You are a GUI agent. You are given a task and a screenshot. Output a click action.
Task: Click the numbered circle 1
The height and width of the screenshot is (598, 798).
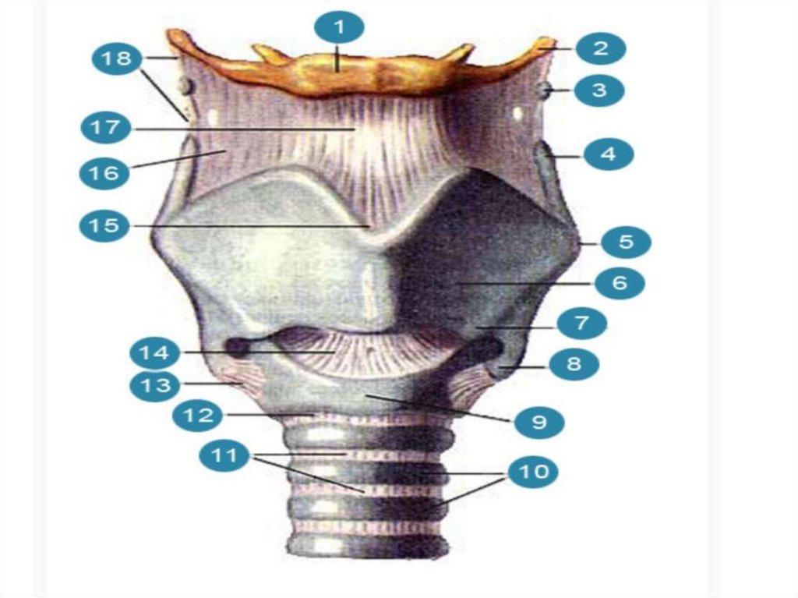[339, 29]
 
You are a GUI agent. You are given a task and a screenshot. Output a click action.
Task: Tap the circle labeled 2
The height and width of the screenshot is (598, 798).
[599, 48]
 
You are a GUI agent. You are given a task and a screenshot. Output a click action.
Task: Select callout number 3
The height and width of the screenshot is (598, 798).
[598, 90]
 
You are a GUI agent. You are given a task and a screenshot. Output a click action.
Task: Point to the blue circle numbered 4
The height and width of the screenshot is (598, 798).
[608, 154]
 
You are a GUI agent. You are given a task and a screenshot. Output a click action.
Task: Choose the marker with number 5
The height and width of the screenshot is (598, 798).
[626, 242]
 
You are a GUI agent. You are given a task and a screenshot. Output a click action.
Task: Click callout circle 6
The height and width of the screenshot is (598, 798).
[620, 283]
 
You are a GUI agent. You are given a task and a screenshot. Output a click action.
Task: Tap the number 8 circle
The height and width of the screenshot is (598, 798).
[574, 363]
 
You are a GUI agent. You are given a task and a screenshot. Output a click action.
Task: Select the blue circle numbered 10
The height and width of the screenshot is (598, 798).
[533, 472]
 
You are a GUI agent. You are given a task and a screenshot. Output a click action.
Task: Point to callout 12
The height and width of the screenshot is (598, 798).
[198, 415]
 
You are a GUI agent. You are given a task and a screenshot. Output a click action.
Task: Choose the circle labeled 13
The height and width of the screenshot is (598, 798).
[154, 384]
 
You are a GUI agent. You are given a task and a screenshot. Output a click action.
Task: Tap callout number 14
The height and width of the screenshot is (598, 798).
[154, 353]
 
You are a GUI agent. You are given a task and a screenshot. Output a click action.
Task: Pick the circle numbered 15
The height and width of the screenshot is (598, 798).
[104, 225]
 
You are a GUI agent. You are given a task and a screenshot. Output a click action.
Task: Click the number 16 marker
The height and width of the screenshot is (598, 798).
[104, 172]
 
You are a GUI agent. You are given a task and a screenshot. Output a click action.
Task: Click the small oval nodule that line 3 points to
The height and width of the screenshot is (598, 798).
[543, 91]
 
